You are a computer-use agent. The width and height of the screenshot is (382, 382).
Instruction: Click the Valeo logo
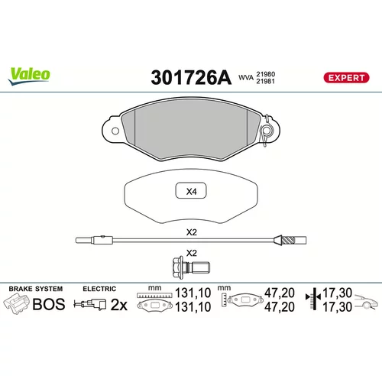click(x=29, y=76)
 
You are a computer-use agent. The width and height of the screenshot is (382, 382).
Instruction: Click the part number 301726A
click(x=191, y=78)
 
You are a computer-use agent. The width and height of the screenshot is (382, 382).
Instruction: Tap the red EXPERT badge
click(x=346, y=78)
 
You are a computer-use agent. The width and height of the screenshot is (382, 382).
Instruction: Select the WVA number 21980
click(x=265, y=74)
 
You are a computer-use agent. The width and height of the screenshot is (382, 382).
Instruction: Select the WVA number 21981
click(x=265, y=81)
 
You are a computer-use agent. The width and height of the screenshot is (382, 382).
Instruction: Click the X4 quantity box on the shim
click(x=191, y=191)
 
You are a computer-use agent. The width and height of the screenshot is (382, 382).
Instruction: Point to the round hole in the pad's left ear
click(x=115, y=131)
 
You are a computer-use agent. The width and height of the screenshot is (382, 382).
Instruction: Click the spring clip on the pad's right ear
click(x=267, y=131)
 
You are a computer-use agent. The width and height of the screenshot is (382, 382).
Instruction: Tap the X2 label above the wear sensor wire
click(x=192, y=232)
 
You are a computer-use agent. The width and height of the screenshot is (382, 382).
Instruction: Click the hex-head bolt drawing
click(x=191, y=267)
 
